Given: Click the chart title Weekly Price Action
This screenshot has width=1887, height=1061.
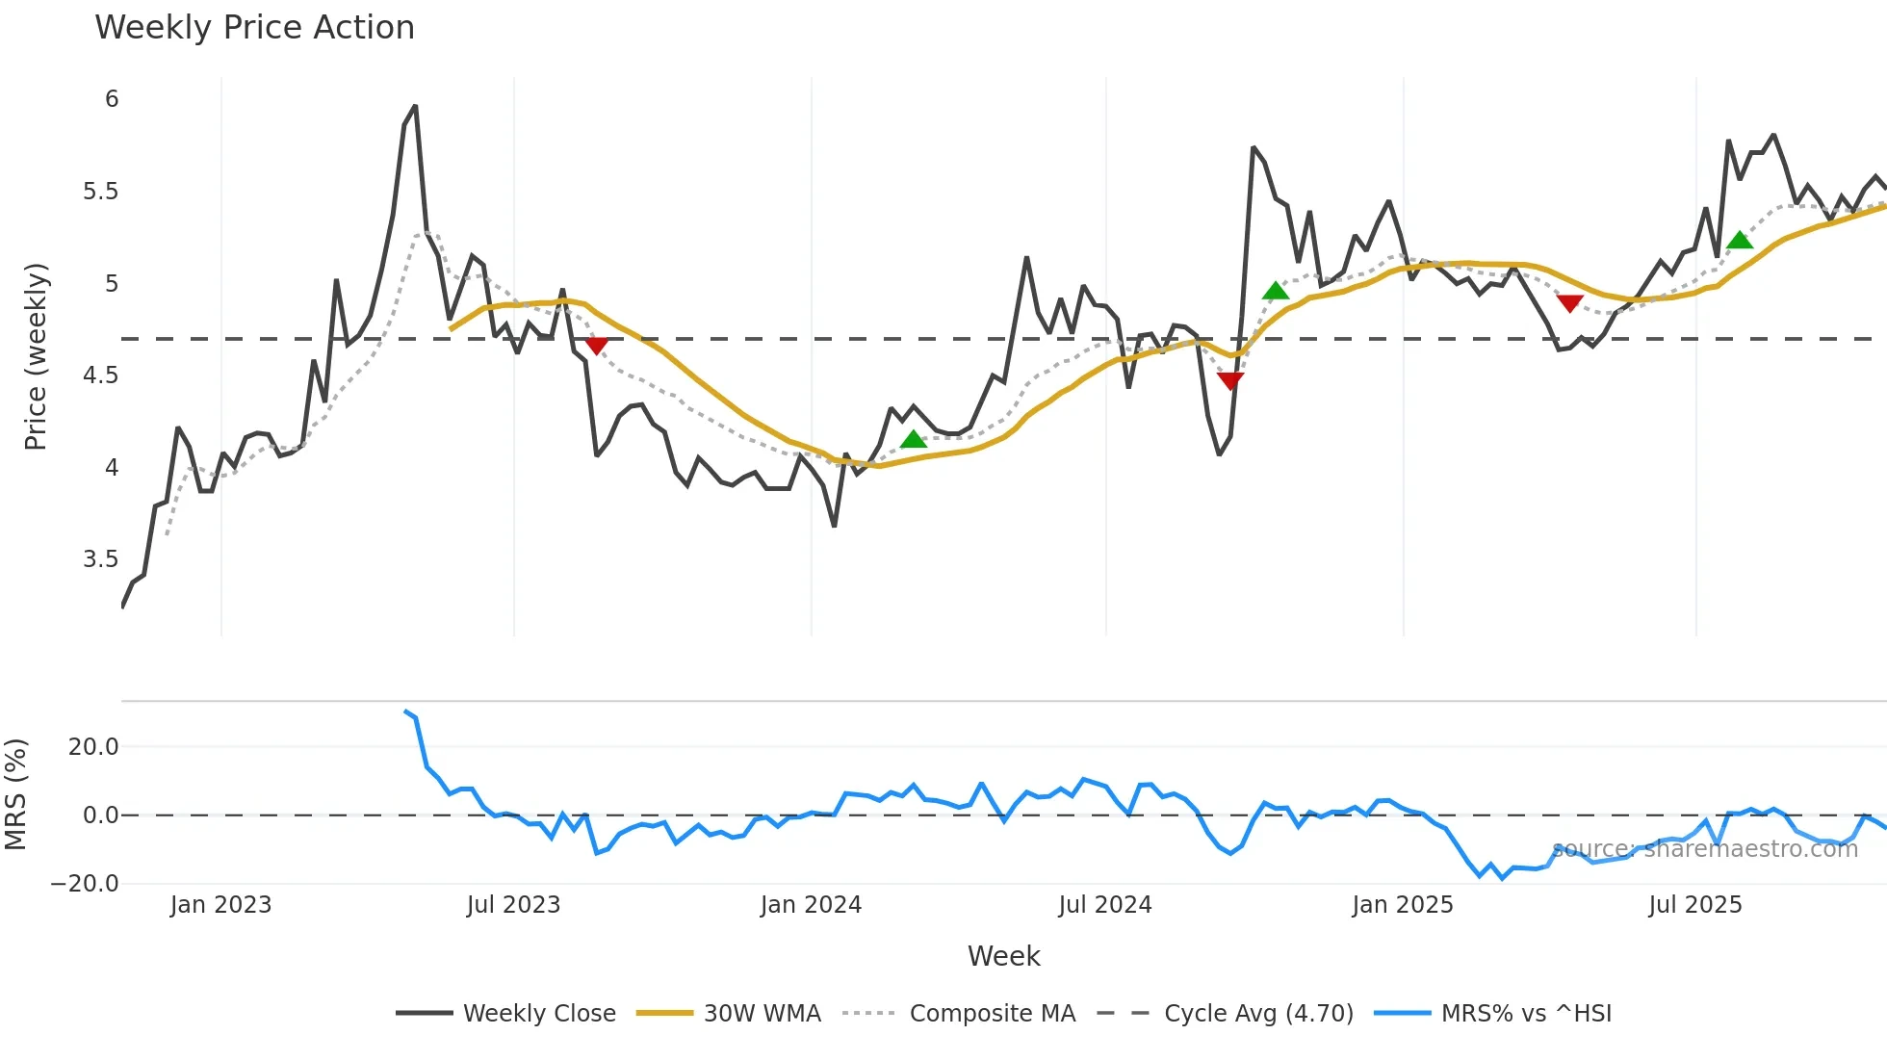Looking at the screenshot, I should [254, 28].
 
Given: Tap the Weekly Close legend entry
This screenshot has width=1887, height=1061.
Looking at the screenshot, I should [539, 1013].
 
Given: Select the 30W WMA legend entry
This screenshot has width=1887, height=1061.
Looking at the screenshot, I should [762, 1013].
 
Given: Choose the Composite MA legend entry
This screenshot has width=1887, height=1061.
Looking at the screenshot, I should [992, 1013].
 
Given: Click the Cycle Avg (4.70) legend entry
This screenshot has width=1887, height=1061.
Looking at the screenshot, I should [1258, 1013].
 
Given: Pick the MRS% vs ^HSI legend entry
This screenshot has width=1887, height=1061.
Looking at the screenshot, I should [1526, 1013].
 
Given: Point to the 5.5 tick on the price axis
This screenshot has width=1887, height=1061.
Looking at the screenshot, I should [100, 192].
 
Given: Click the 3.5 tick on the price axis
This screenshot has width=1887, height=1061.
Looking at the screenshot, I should [100, 559].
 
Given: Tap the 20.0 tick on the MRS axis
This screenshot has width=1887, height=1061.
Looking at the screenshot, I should [93, 747].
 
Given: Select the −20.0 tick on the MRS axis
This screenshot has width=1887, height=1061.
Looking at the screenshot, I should [85, 884].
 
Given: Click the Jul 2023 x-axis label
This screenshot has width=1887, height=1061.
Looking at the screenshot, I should [513, 905].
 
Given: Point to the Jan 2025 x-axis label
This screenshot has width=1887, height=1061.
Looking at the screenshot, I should [1402, 905].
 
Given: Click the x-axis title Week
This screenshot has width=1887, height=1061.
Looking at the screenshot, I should [1003, 956].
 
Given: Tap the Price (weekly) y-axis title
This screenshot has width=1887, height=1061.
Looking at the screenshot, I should [36, 356].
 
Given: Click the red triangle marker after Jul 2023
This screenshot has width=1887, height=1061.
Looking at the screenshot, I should [597, 346].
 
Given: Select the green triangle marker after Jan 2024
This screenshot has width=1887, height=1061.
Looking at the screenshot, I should [913, 440].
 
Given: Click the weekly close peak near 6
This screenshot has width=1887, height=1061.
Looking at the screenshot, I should [415, 107].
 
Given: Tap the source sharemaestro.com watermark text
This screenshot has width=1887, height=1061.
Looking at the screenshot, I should [1704, 849].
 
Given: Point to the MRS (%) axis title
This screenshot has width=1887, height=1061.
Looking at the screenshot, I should [15, 794].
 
